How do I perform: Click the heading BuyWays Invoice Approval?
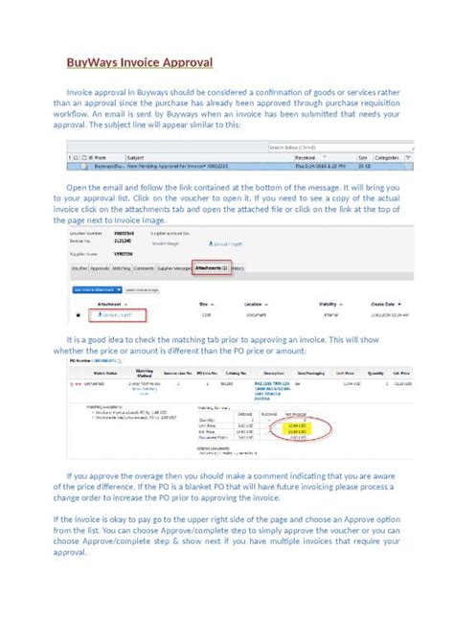coord(138,63)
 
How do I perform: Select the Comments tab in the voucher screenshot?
coord(145,269)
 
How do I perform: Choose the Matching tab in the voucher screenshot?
coord(122,269)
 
